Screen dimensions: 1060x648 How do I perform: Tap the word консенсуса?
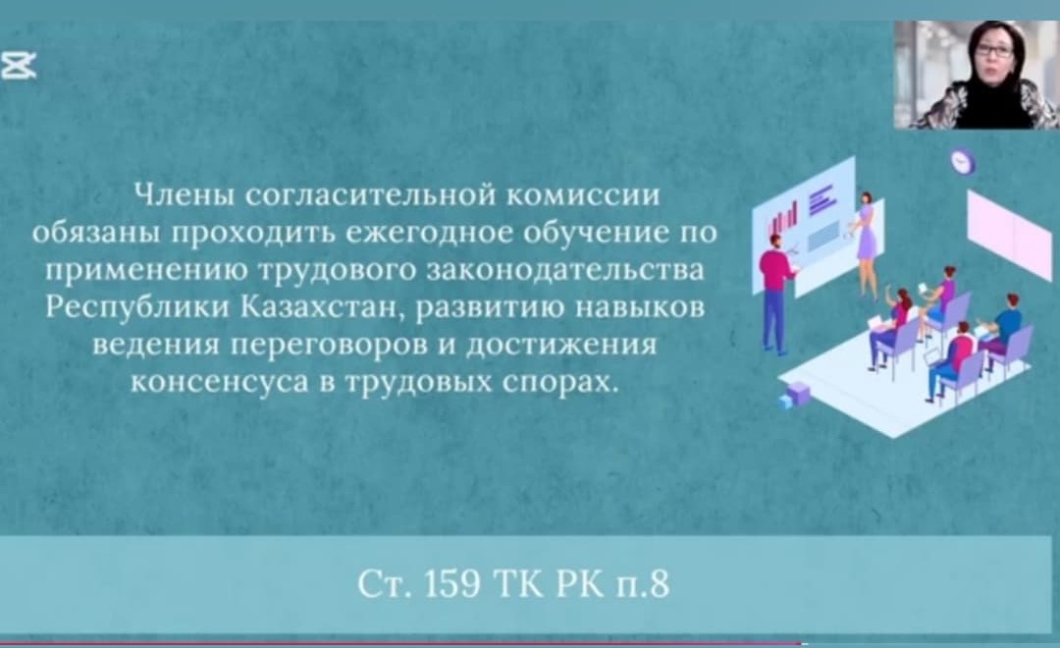(219, 382)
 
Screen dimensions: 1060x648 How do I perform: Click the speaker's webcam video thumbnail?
(977, 75)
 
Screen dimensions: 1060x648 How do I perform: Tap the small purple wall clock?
(962, 162)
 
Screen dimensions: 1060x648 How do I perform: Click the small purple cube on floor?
(798, 393)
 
